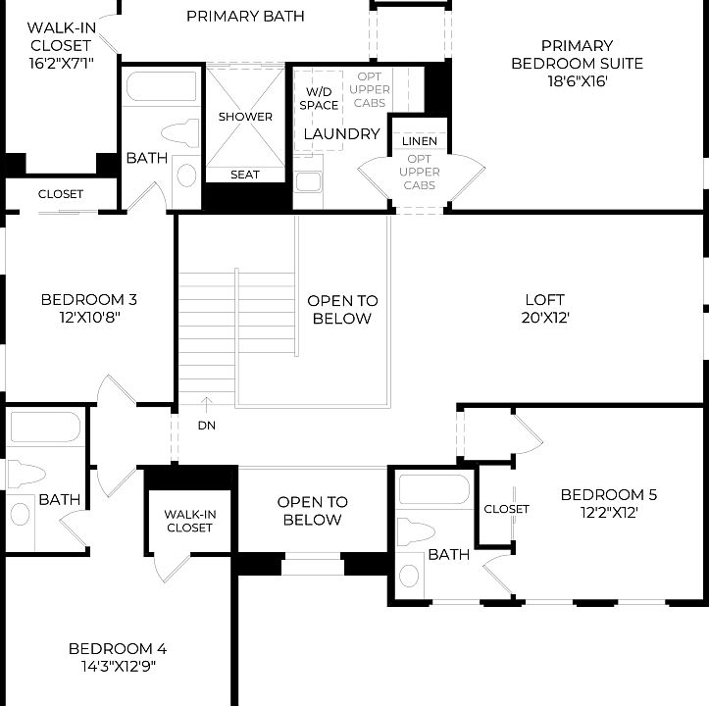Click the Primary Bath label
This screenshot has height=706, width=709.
click(245, 16)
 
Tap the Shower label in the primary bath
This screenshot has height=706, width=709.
click(245, 117)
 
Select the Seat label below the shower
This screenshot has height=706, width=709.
click(245, 175)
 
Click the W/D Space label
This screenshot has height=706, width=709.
click(319, 98)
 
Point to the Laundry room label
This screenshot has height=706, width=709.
click(341, 134)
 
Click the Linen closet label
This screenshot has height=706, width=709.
click(420, 142)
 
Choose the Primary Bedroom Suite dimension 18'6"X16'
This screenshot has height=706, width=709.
click(577, 81)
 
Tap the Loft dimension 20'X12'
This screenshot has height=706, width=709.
click(545, 318)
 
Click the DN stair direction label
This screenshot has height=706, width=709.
click(206, 426)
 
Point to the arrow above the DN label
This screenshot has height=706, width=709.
click(206, 402)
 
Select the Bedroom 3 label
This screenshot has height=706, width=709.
click(88, 300)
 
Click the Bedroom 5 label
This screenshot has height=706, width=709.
click(608, 494)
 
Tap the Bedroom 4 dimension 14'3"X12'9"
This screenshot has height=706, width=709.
click(118, 667)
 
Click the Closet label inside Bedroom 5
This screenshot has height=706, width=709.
click(506, 509)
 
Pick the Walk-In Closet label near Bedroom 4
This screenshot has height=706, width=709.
click(189, 521)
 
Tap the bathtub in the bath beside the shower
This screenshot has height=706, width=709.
click(162, 85)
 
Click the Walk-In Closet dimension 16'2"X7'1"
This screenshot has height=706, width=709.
click(60, 63)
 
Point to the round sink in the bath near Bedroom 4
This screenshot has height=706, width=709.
click(20, 514)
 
